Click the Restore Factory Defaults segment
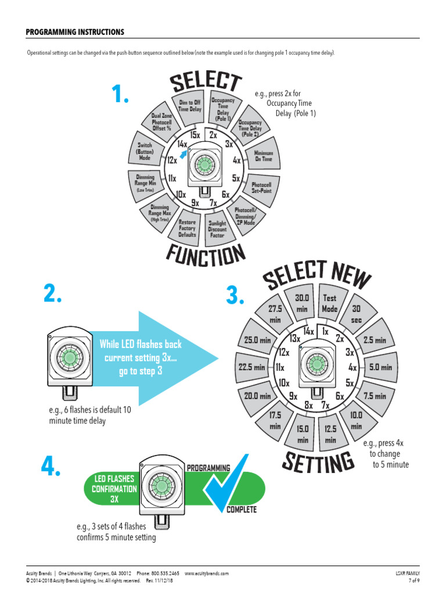coord(187,228)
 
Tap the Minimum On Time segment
coord(263,156)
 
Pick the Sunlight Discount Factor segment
coord(217,230)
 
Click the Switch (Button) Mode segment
coord(145,151)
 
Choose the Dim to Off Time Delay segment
coord(189,105)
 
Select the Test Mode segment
coord(329,304)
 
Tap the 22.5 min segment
coord(251,367)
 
